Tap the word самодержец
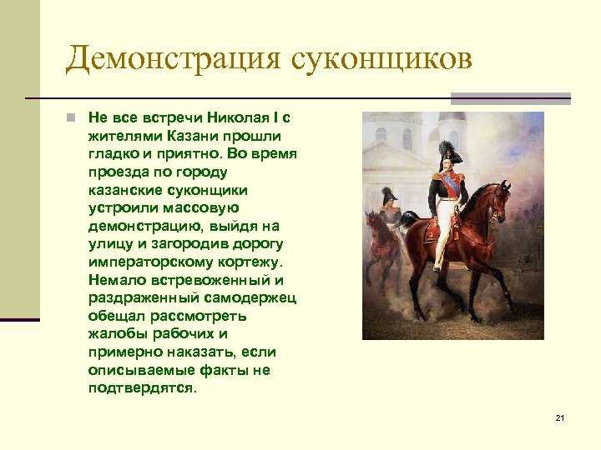[250, 297]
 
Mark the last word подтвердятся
[143, 388]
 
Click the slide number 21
[559, 417]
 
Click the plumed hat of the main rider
[445, 152]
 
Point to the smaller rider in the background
[387, 212]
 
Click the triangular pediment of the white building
[392, 152]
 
